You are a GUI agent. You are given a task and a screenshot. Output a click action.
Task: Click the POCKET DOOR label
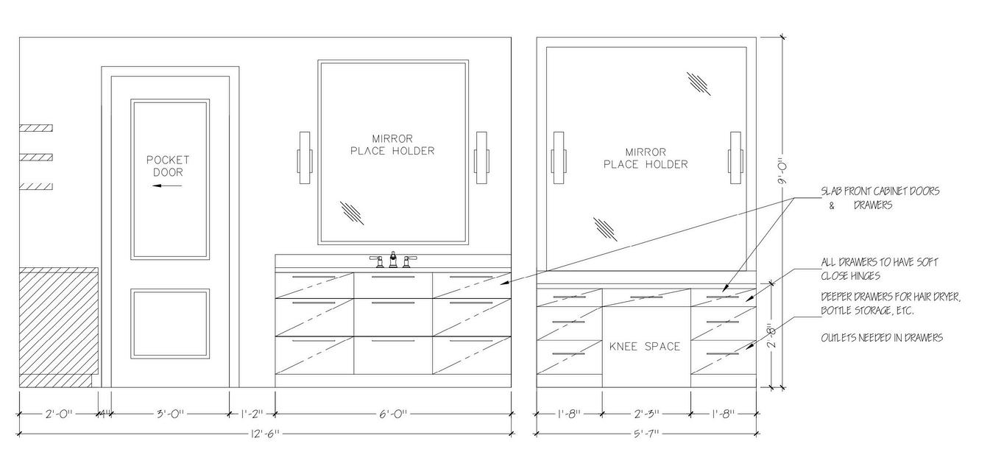168,166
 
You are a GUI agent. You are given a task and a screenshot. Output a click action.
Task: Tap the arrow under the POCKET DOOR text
167,186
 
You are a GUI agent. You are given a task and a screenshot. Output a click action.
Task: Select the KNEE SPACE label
645,346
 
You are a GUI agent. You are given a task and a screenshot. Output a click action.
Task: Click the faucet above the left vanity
393,259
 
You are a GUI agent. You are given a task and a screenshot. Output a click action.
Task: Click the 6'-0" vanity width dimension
393,414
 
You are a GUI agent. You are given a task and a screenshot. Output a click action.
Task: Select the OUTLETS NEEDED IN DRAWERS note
882,338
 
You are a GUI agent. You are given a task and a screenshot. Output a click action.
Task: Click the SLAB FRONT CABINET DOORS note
880,197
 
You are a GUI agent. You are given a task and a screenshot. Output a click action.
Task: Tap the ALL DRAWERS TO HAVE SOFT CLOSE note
879,269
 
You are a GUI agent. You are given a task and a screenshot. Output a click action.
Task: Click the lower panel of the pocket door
170,324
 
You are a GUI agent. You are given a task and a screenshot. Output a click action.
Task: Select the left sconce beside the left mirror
305,160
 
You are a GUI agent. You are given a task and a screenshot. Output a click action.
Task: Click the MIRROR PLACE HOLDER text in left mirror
392,144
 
